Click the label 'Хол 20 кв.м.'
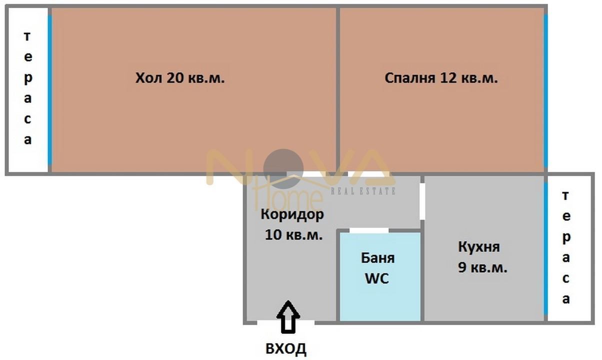tap(180, 78)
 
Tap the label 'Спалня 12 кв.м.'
tap(441, 78)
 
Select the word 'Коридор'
tap(292, 215)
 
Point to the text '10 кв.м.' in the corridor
tap(292, 234)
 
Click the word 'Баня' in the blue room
tap(377, 258)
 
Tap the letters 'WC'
tap(377, 278)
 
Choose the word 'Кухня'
tap(479, 247)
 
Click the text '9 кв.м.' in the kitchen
tap(482, 267)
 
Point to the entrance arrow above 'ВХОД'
tap(288, 316)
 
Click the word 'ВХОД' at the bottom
tap(286, 348)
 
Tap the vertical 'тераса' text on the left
tap(27, 88)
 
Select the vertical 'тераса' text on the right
tap(565, 247)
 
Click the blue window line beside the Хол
tap(49, 90)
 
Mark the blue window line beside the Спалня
tap(545, 90)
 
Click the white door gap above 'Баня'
tap(369, 230)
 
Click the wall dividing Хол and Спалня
tap(338, 90)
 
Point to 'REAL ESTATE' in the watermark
tap(363, 191)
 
